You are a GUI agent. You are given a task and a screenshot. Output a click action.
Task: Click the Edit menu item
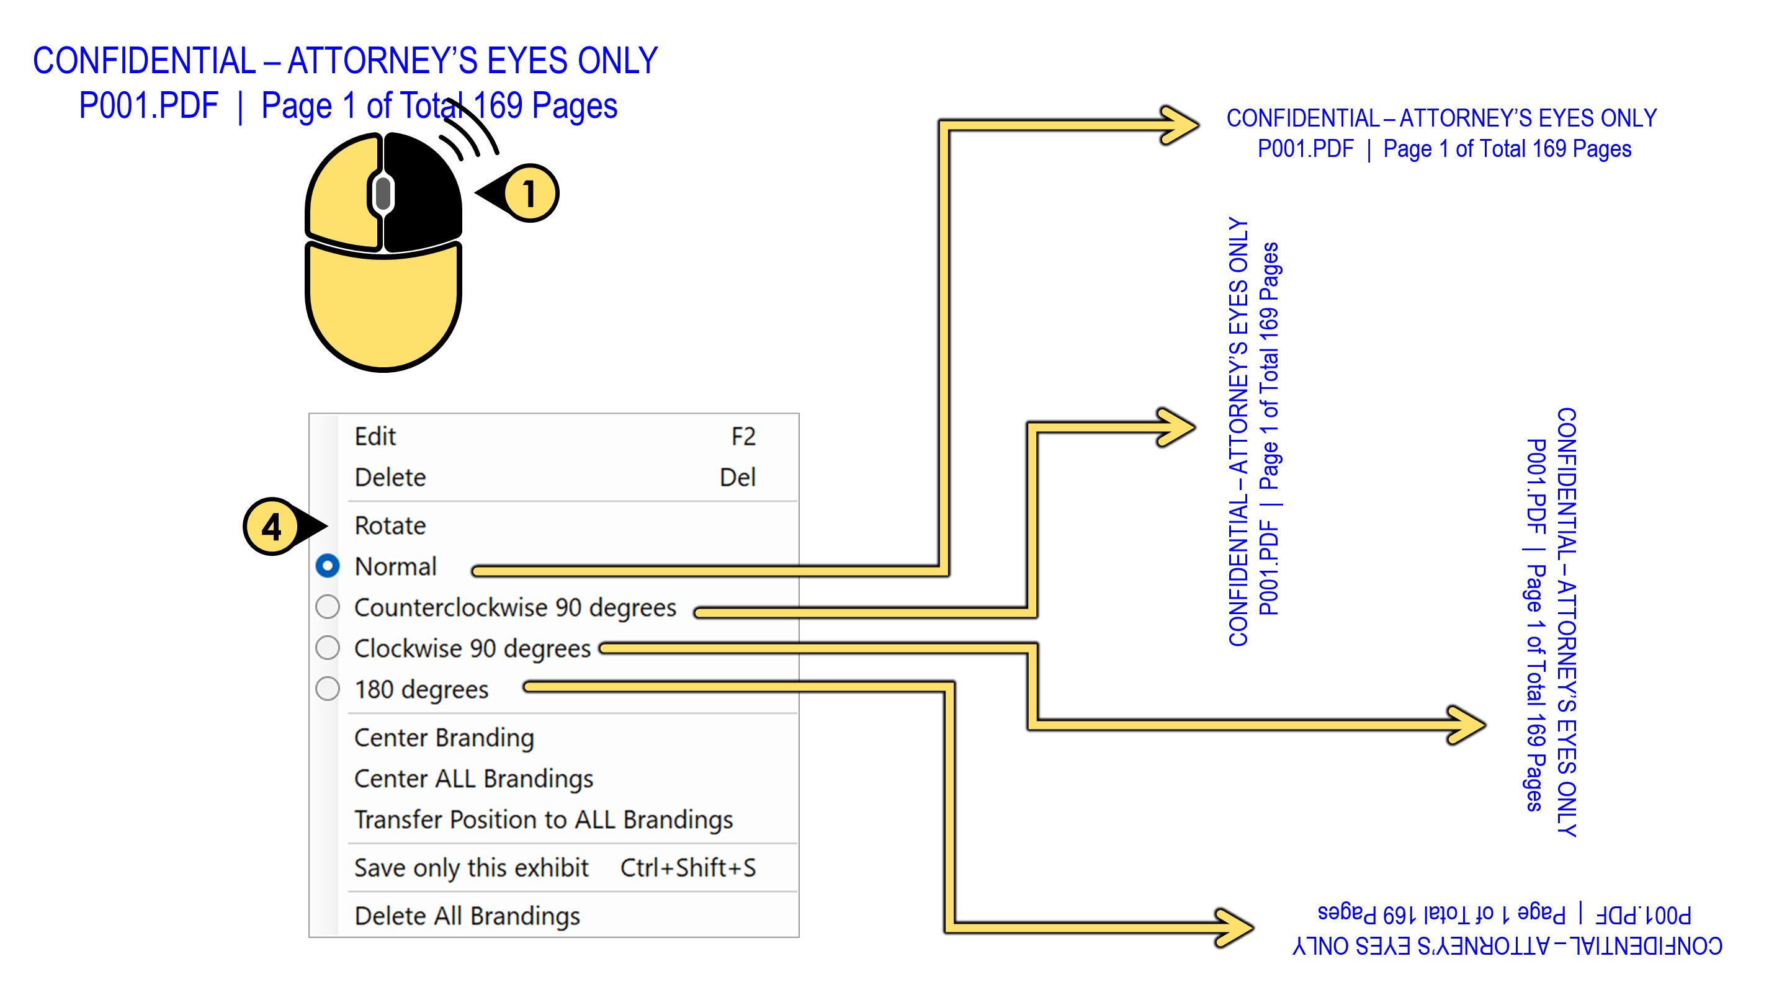375,436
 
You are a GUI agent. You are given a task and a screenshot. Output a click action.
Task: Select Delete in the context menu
390,477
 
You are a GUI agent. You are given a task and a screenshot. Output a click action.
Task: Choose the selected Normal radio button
328,566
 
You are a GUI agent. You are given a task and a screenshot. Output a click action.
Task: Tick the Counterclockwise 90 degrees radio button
328,607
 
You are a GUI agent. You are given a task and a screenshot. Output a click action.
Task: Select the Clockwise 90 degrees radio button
328,648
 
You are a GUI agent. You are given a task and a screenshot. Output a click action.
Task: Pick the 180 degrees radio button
328,689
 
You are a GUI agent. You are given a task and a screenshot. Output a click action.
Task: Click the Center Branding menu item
444,737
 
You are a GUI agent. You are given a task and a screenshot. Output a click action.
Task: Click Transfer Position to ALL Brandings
543,819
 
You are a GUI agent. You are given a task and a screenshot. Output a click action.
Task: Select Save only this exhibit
471,868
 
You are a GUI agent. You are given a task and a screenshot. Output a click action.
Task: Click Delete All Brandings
467,916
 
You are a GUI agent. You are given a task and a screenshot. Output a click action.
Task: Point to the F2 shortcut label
743,436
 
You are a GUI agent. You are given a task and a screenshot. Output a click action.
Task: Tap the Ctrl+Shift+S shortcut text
687,868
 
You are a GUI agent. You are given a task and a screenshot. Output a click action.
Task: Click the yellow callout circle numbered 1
531,193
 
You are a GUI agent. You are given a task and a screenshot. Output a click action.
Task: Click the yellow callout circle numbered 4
271,527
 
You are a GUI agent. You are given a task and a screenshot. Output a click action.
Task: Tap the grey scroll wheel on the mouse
383,193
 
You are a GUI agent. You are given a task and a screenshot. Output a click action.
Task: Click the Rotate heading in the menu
390,525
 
